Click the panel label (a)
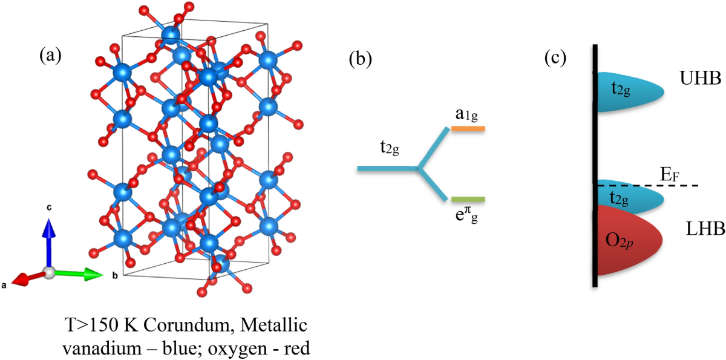click(x=50, y=56)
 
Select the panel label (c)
click(x=555, y=58)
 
